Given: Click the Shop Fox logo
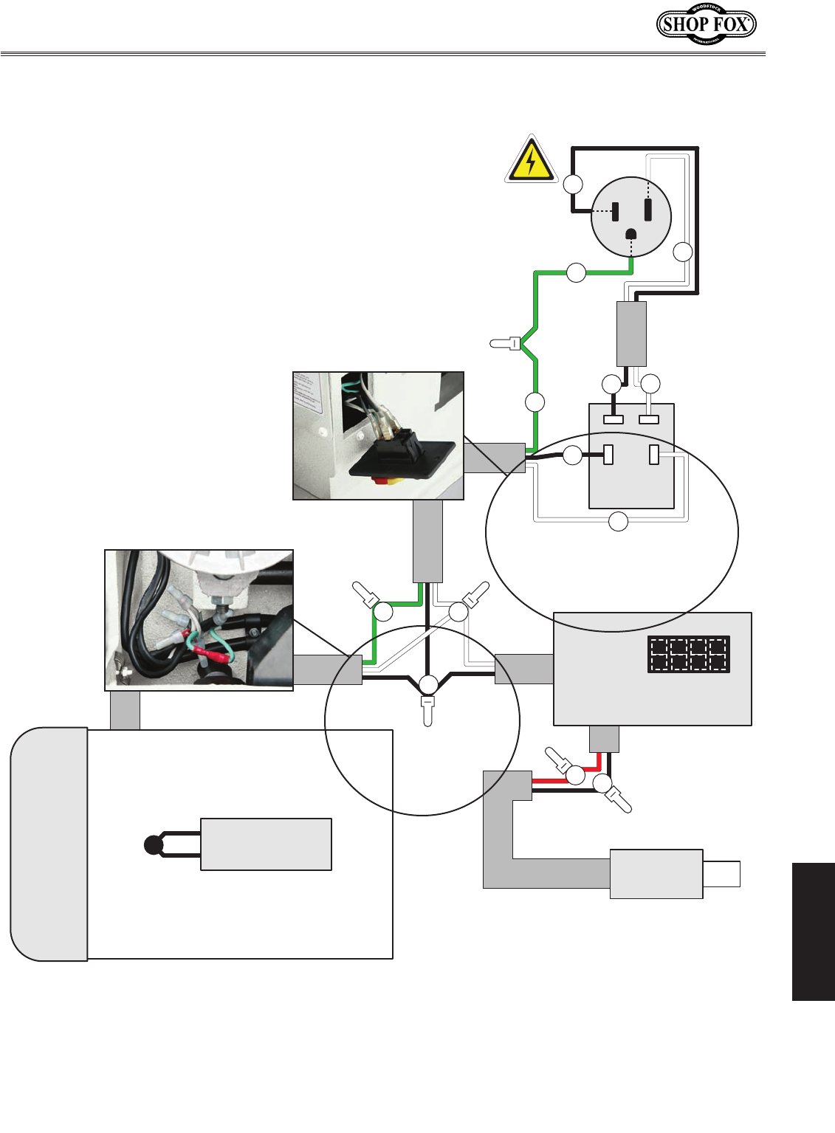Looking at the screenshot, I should [x=706, y=24].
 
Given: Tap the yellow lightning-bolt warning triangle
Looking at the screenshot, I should [x=531, y=160].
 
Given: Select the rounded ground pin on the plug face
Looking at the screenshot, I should [x=631, y=235].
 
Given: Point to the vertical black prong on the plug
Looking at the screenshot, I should [x=647, y=210].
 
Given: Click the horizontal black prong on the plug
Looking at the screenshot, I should [x=615, y=211].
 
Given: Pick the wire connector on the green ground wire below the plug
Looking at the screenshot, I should [x=506, y=343].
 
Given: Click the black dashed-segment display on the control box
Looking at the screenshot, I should [x=688, y=654].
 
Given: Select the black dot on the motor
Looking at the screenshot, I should [x=153, y=844].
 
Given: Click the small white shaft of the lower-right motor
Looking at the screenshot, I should [x=721, y=874].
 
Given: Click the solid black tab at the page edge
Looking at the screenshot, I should [x=813, y=931].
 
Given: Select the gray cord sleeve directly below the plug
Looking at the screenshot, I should [x=631, y=333].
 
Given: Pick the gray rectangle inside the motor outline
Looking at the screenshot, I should [x=266, y=844].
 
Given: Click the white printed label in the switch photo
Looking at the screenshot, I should [x=308, y=394].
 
